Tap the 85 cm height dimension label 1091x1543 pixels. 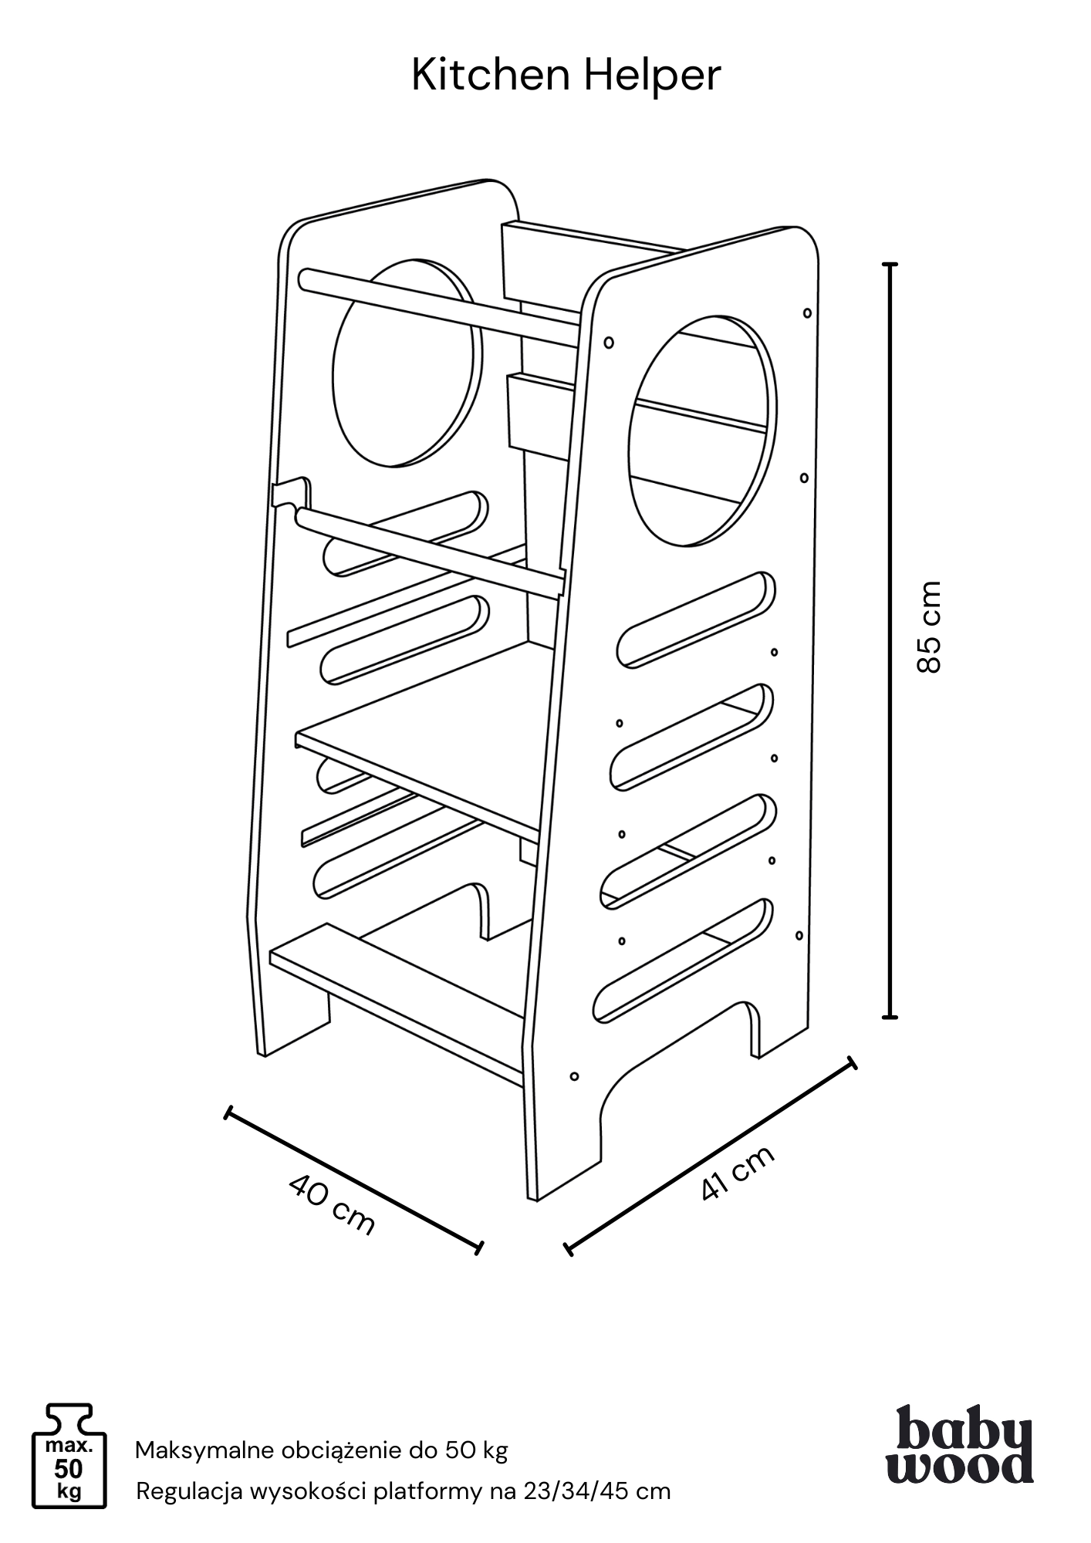coord(930,626)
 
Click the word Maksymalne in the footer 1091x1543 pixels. coord(204,1451)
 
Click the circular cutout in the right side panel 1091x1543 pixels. coord(702,432)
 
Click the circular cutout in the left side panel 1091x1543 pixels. coord(407,363)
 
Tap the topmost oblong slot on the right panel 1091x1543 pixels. coord(696,619)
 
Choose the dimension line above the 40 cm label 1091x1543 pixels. coord(353,1178)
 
